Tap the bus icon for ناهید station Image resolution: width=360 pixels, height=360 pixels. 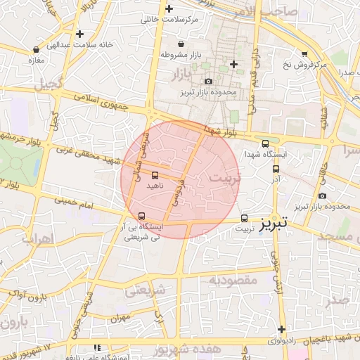(x=155, y=176)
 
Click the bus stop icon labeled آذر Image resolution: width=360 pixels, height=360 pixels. (x=276, y=169)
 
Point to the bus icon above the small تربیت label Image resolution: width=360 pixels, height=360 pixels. (x=245, y=218)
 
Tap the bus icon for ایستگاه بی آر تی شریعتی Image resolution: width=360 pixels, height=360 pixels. (x=143, y=216)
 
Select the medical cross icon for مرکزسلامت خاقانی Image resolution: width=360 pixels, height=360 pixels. (x=169, y=9)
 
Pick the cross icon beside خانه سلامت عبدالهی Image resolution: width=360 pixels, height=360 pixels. (x=80, y=33)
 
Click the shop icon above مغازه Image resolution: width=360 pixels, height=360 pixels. (x=36, y=50)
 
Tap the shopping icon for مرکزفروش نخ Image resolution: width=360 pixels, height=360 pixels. (x=304, y=53)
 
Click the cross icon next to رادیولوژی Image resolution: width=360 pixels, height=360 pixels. (x=281, y=330)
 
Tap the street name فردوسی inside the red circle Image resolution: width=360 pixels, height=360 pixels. (x=173, y=191)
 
